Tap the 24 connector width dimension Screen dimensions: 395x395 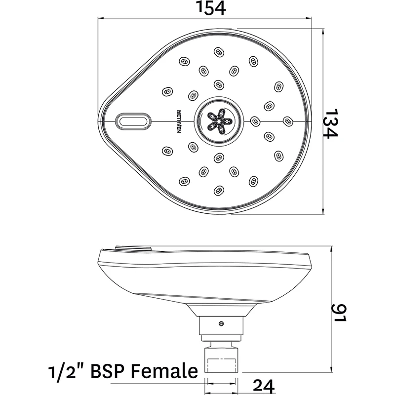tap(264, 384)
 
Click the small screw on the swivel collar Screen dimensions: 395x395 tap(221, 324)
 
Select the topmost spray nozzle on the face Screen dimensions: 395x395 tap(218, 51)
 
